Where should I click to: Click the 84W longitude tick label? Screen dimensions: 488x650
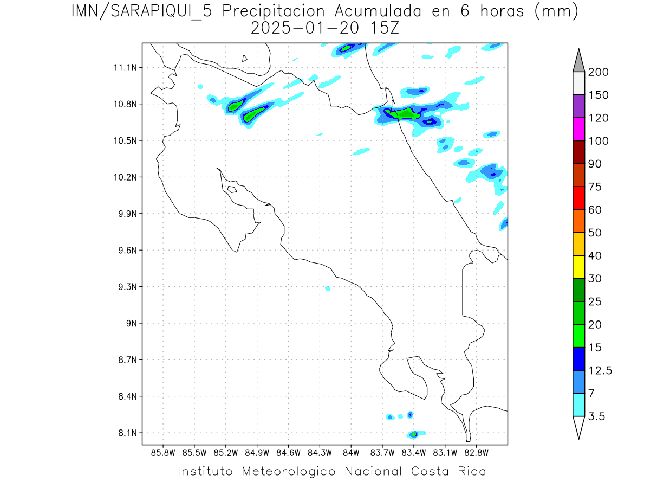(351, 452)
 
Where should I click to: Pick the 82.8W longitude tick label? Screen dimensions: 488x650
(476, 452)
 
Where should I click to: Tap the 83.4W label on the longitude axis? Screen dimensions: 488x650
(414, 452)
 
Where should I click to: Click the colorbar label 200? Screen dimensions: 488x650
(599, 73)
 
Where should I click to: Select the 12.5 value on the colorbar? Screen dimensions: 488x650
(601, 371)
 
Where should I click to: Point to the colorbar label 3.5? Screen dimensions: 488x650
(597, 417)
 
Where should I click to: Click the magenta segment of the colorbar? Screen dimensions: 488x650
(578, 129)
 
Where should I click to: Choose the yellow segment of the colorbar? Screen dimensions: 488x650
(578, 267)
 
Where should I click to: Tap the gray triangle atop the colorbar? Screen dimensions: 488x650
(578, 61)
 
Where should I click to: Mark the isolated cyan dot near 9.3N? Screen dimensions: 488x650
(328, 288)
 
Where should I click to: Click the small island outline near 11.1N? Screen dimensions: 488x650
(245, 58)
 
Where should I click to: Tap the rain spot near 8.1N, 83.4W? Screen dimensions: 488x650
(414, 434)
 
